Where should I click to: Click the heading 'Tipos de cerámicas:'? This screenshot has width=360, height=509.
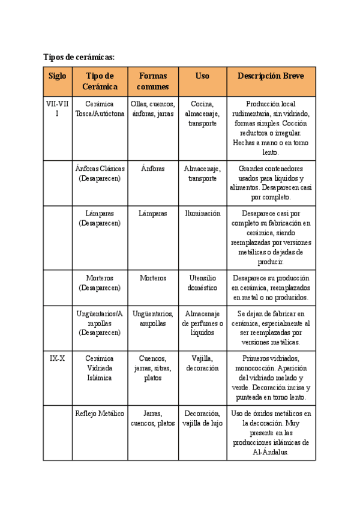pos(79,57)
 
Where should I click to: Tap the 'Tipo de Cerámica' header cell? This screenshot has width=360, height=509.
pos(100,81)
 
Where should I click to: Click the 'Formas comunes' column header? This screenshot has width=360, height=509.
pos(153,81)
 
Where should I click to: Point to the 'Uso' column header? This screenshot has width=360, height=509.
pos(202,76)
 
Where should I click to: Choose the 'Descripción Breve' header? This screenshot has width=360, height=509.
pos(271,76)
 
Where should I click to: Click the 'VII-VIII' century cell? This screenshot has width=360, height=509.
pos(58,108)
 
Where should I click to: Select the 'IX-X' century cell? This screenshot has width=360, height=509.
pos(58,358)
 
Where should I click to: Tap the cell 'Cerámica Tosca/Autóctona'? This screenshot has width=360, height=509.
pos(100,108)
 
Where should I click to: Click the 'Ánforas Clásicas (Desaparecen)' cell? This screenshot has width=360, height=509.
pos(100,173)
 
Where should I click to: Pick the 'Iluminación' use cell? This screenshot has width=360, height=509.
pos(202,213)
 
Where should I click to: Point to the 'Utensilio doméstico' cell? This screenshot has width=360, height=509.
pos(202,283)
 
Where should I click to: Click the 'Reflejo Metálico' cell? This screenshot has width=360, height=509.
pos(100,413)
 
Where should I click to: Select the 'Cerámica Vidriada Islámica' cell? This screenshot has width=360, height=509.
pos(100,367)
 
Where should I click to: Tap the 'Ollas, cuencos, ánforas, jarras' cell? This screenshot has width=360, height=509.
pos(153,108)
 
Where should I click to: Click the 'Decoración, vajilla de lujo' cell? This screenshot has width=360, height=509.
pos(202,418)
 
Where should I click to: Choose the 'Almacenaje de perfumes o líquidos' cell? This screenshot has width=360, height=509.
pos(202,323)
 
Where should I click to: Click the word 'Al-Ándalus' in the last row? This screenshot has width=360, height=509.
pos(271,452)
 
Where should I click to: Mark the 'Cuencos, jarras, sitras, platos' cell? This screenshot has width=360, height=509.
pos(153,367)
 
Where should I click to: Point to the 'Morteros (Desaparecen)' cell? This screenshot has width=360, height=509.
pos(100,283)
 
